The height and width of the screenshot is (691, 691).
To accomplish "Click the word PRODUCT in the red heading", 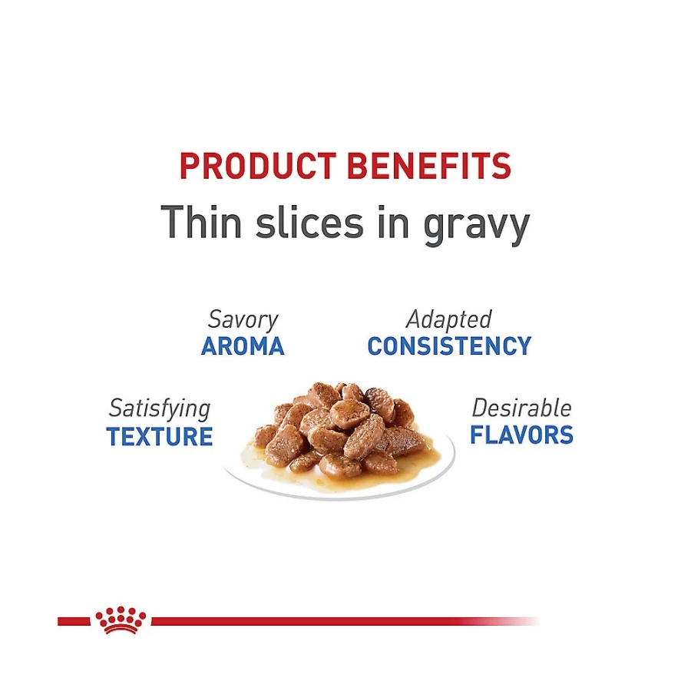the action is click(x=258, y=166).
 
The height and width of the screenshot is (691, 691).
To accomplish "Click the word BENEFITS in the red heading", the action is click(x=428, y=166).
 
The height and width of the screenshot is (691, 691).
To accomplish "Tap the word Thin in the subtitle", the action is click(x=201, y=222).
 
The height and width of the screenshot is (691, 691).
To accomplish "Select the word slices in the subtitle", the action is click(x=310, y=222).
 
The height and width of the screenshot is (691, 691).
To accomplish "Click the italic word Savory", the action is click(x=243, y=319).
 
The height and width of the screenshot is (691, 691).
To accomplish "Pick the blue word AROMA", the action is click(x=243, y=346).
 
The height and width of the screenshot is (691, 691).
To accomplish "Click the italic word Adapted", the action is click(x=448, y=319).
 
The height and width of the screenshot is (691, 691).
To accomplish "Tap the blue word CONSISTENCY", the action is click(x=449, y=346).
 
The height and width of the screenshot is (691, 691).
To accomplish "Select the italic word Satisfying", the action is click(x=160, y=408).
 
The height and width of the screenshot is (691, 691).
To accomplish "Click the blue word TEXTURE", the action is click(x=160, y=436).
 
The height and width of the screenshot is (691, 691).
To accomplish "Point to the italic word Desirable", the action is click(x=522, y=408).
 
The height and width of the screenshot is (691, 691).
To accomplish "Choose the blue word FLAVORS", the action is click(x=522, y=435).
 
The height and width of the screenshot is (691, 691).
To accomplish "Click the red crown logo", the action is click(x=121, y=620).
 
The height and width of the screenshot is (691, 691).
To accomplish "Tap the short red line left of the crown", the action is click(x=74, y=621).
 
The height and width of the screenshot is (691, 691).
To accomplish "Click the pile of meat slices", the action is click(x=342, y=430).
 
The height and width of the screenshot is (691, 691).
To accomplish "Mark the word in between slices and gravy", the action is click(x=394, y=222).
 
